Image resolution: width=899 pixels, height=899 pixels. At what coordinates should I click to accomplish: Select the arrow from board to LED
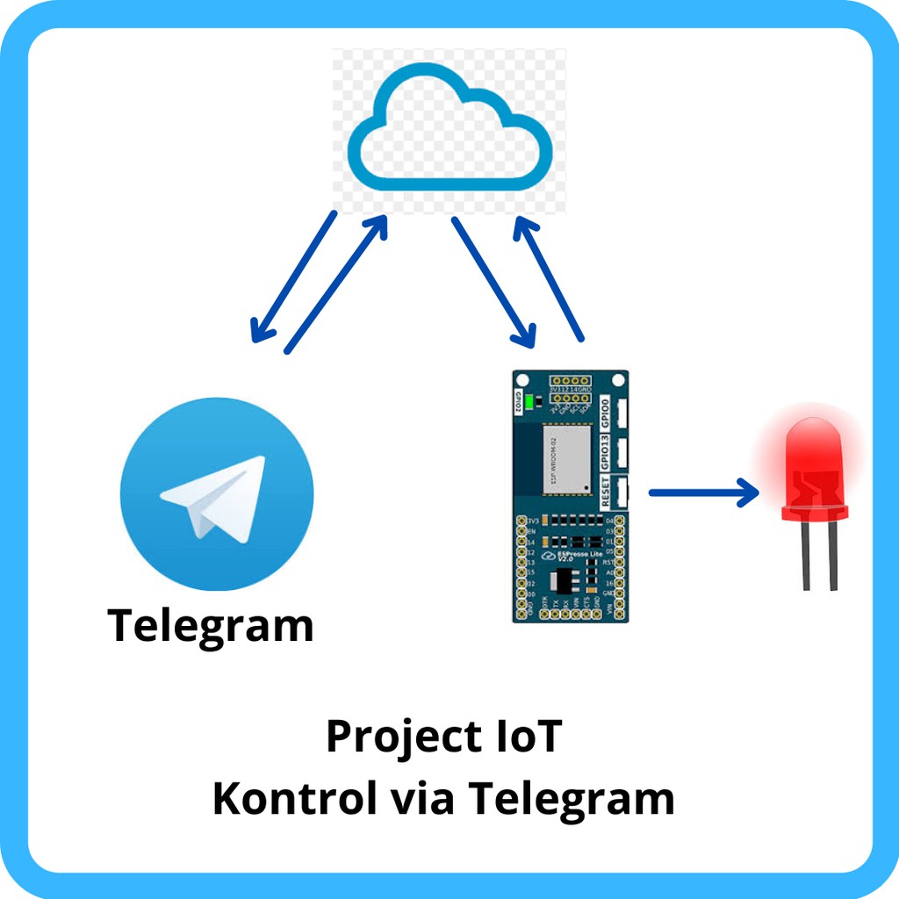702,493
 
